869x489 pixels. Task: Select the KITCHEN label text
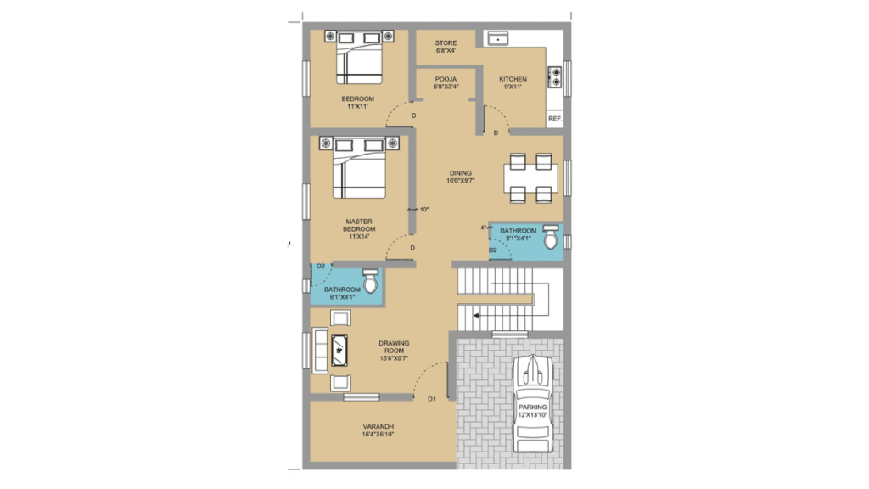click(513, 79)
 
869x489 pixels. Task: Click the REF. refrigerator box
click(555, 119)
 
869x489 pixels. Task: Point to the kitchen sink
click(497, 38)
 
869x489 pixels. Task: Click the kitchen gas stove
click(555, 77)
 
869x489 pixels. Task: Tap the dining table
click(530, 178)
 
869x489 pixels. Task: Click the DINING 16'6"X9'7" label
click(461, 177)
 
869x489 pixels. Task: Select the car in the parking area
click(533, 403)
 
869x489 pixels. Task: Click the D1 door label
click(432, 399)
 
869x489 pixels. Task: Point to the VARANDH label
click(378, 426)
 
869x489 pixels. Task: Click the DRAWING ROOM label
click(394, 347)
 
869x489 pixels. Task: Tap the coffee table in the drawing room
click(339, 351)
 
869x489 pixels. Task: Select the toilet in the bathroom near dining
click(550, 238)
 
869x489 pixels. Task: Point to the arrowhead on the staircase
click(476, 316)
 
